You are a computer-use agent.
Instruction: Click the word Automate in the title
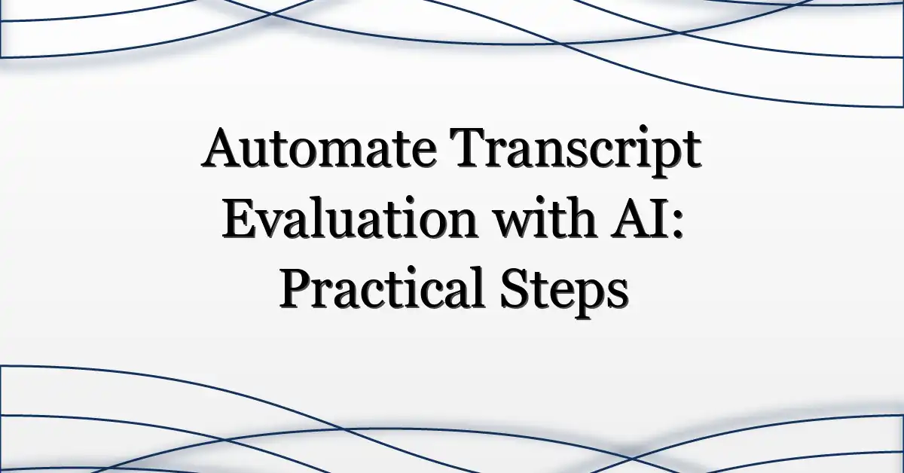click(319, 148)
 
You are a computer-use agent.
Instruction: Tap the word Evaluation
click(350, 217)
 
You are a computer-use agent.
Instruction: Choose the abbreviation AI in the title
click(641, 218)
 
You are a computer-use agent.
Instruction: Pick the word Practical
click(381, 288)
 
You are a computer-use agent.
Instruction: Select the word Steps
click(564, 291)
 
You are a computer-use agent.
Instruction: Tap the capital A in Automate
click(222, 149)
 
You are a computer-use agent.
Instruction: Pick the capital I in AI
click(661, 218)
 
